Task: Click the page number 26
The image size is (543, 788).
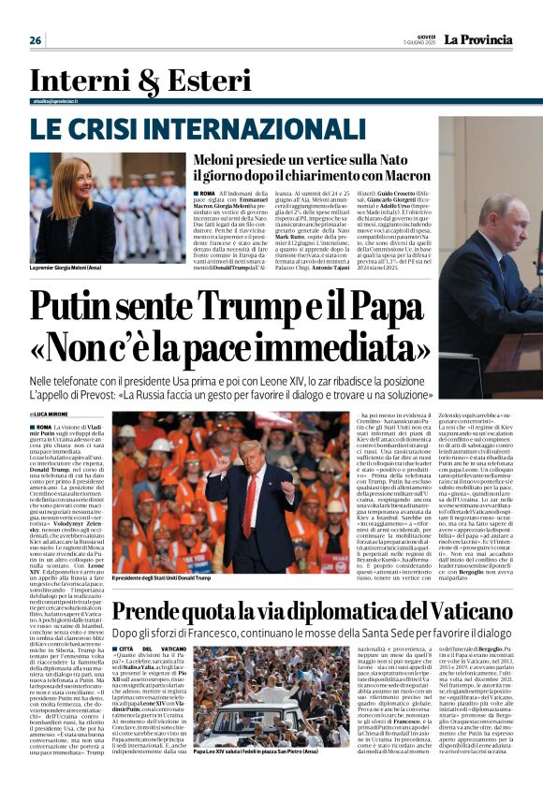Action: coord(36,40)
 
